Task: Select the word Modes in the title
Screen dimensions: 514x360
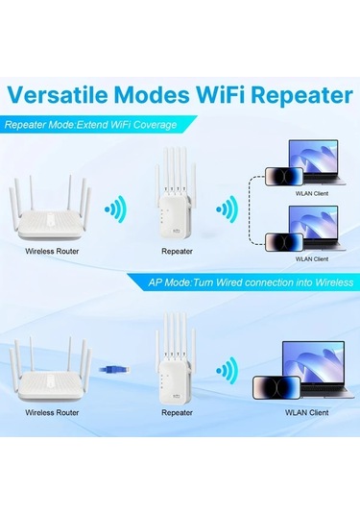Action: (156, 95)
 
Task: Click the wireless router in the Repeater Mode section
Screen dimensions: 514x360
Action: (51, 212)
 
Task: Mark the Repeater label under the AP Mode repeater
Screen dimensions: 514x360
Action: (178, 412)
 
